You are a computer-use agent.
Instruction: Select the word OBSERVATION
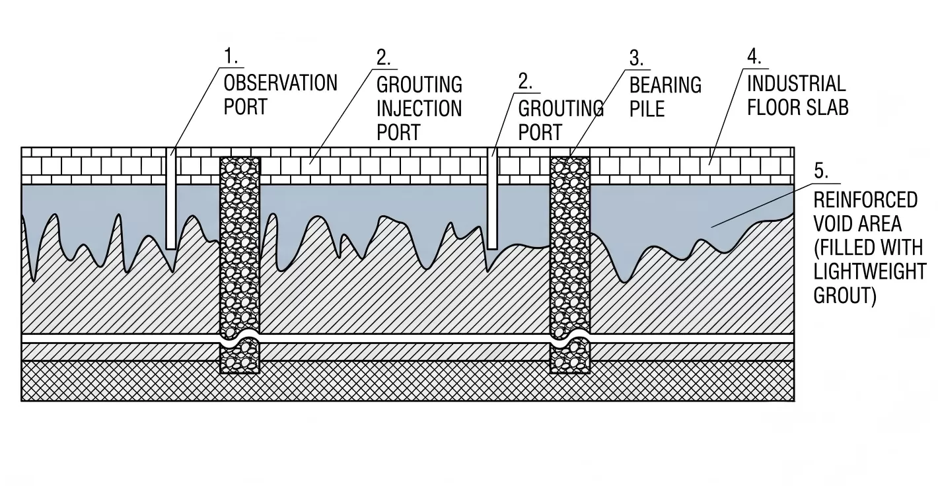280,83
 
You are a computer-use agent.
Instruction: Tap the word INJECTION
419,108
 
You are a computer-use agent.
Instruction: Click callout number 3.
636,58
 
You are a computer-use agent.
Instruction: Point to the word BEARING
665,85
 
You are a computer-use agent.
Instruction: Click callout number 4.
754,57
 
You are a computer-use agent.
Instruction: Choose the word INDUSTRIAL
796,83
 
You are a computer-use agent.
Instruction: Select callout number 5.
820,171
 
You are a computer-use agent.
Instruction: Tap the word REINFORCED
865,199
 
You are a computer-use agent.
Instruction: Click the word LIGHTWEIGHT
870,271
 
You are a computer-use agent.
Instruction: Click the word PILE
647,109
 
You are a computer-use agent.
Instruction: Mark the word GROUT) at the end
845,296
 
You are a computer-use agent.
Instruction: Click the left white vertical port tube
171,198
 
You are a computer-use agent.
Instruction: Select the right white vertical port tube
493,199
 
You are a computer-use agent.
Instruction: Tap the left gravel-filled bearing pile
240,265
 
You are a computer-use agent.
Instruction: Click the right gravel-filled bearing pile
569,265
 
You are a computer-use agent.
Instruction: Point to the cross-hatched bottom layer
408,381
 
